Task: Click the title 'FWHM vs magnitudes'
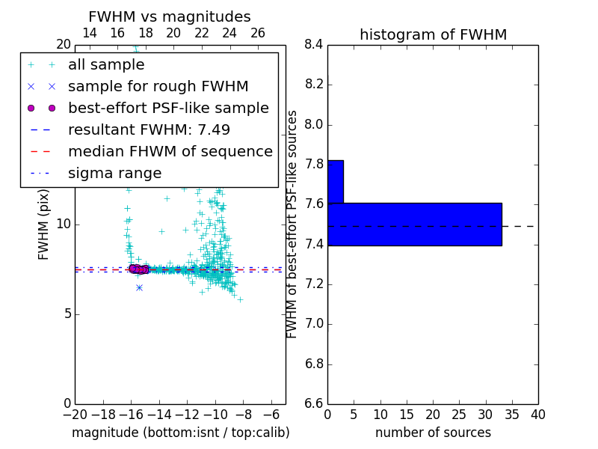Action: click(x=170, y=16)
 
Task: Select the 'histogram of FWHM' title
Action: click(x=433, y=34)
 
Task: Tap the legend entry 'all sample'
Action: click(x=106, y=65)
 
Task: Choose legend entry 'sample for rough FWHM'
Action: click(x=158, y=87)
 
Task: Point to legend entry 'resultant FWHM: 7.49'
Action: click(x=149, y=130)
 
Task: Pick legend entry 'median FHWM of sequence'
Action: click(x=170, y=152)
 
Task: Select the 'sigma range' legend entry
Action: click(x=114, y=174)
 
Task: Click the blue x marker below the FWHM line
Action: click(x=139, y=287)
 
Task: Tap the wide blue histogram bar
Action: click(x=414, y=224)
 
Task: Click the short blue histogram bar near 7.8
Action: click(x=335, y=181)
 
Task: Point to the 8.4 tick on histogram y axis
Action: click(x=314, y=45)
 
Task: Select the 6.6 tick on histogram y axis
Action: click(x=314, y=403)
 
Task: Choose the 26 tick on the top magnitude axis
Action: click(x=258, y=33)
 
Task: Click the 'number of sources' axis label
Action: click(x=433, y=433)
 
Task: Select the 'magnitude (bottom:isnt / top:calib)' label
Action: click(x=180, y=433)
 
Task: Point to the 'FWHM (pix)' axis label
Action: click(x=44, y=224)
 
